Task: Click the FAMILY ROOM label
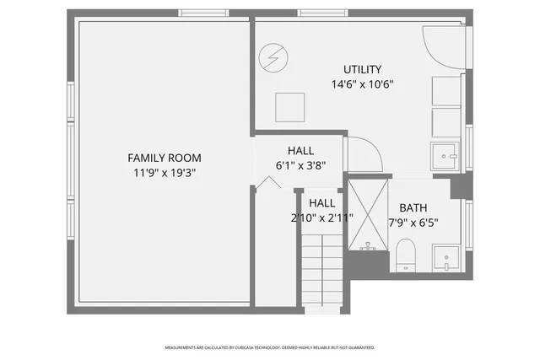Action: [x=165, y=158]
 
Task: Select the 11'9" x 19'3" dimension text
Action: [x=165, y=173]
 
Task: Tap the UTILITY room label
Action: [x=362, y=69]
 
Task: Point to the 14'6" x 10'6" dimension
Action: [x=362, y=84]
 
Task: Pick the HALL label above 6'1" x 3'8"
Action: [x=300, y=150]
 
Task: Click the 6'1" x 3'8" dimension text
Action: [x=300, y=165]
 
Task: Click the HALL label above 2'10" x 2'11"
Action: [x=321, y=203]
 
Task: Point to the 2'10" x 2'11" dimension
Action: [x=321, y=218]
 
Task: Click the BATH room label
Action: [x=413, y=208]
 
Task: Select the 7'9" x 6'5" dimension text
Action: [x=413, y=223]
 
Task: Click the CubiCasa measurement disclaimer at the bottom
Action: [x=270, y=347]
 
